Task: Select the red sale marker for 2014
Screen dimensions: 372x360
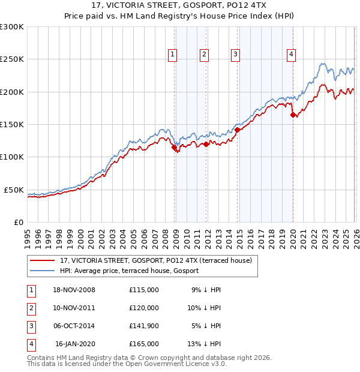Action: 237,129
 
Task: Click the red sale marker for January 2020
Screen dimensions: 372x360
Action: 293,115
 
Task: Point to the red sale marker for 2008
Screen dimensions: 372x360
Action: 174,147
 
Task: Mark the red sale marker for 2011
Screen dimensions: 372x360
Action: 206,144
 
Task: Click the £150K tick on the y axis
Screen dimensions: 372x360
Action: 12,125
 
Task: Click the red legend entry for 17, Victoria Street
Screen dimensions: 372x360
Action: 159,260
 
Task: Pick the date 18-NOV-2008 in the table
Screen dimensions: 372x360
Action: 74,290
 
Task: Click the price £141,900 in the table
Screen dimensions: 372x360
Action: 144,326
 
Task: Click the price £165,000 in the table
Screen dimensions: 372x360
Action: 144,344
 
